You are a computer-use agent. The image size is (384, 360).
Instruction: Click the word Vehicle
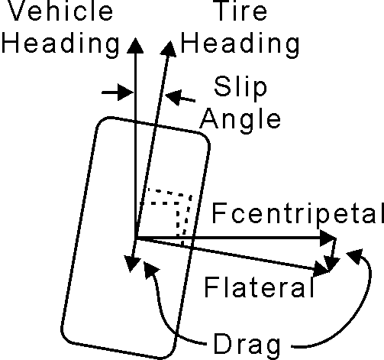point(60,11)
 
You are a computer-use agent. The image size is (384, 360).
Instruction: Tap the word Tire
point(241,11)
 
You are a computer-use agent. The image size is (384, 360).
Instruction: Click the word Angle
point(240,120)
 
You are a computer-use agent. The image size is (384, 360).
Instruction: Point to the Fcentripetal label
point(298,213)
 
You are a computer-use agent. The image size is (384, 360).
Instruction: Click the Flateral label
point(259,287)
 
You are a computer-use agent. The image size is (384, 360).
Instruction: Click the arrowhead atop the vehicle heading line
point(135,45)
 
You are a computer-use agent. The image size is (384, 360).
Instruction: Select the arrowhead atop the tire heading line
point(169,48)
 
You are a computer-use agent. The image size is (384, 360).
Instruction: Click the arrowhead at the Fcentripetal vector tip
point(328,238)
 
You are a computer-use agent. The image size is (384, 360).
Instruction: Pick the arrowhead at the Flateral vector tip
point(321,269)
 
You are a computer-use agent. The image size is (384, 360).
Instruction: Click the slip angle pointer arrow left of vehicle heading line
point(118,92)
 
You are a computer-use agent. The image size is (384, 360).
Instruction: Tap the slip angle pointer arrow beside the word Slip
point(180,98)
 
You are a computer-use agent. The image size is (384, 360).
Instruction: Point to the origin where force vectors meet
point(136,238)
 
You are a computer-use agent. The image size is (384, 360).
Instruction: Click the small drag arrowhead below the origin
point(132,264)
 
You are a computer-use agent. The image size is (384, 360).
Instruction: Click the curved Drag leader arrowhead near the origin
point(150,270)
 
